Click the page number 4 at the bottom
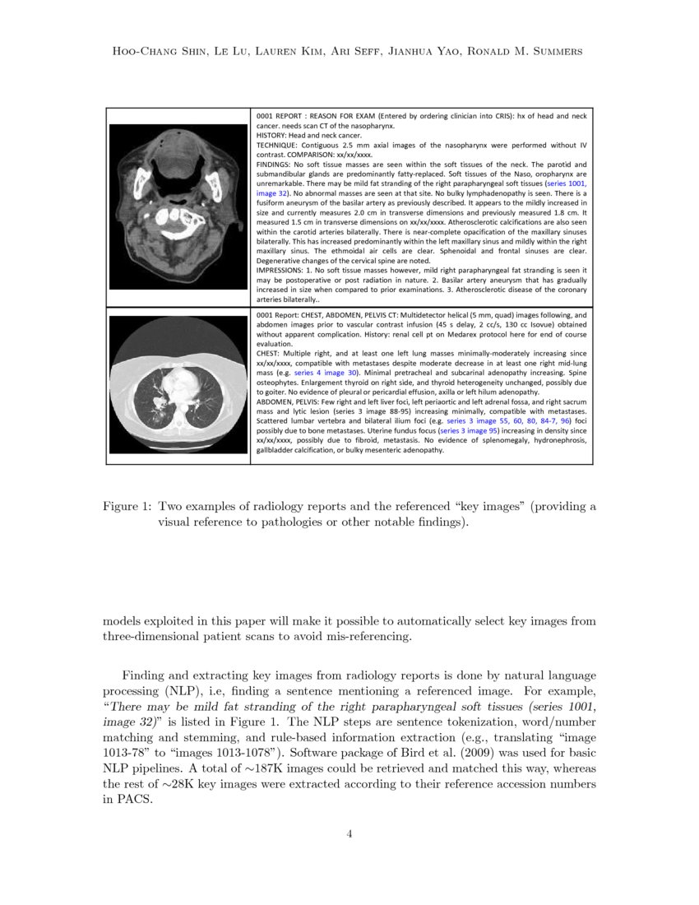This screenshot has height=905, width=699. point(349,833)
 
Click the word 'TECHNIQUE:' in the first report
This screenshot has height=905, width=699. point(278,144)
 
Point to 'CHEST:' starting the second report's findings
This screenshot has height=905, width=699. point(270,353)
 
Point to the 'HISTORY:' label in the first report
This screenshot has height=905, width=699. point(275,134)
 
